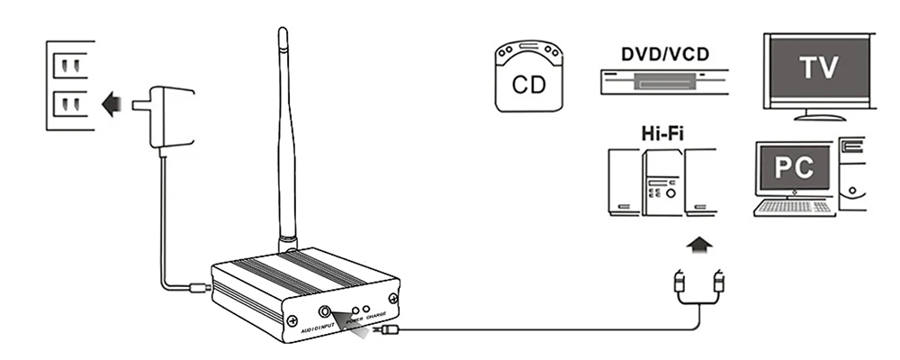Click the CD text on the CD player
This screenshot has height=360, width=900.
click(x=528, y=85)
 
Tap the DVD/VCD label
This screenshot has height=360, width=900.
click(x=665, y=54)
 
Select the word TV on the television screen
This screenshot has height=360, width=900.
click(x=819, y=67)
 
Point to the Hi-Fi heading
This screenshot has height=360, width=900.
click(x=662, y=133)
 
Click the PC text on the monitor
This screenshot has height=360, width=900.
click(x=794, y=167)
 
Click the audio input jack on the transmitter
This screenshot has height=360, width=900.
click(x=325, y=311)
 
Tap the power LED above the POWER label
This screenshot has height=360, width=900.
click(x=355, y=310)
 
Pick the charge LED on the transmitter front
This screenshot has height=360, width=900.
click(x=366, y=309)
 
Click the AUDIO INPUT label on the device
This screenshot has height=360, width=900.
click(x=318, y=328)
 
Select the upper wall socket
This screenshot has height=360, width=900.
click(x=70, y=66)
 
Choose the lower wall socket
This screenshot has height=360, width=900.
click(x=70, y=104)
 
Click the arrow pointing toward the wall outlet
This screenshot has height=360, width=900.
click(x=111, y=104)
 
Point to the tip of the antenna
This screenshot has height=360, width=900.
click(x=283, y=29)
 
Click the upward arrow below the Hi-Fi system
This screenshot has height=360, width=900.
click(x=699, y=245)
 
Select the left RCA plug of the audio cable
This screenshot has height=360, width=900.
click(x=679, y=283)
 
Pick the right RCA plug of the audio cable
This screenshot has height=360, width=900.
click(x=718, y=283)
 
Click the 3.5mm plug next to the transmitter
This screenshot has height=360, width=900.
click(x=386, y=329)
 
